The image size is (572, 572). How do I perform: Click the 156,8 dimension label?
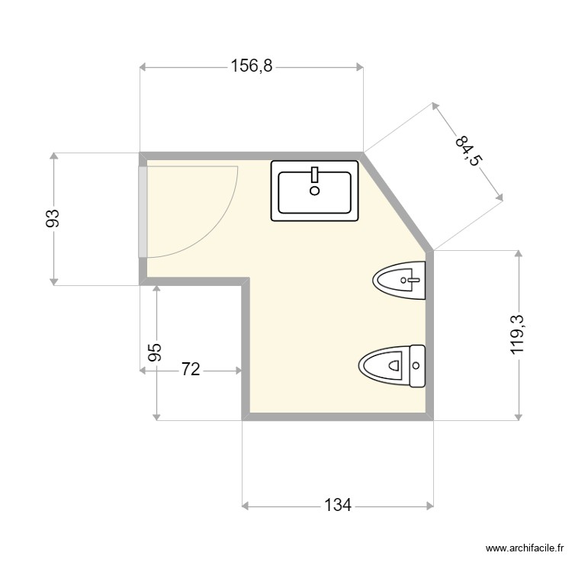click(251, 67)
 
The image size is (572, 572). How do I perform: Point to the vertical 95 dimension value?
click(155, 352)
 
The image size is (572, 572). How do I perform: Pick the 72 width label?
click(190, 371)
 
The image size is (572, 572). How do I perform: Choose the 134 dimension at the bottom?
click(337, 505)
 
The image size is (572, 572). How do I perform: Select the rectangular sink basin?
click(315, 191)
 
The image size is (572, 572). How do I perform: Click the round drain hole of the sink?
click(314, 191)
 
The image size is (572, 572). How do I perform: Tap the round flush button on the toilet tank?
click(416, 366)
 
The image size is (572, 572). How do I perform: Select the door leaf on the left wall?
click(143, 211)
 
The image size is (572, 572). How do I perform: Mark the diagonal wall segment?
click(398, 200)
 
